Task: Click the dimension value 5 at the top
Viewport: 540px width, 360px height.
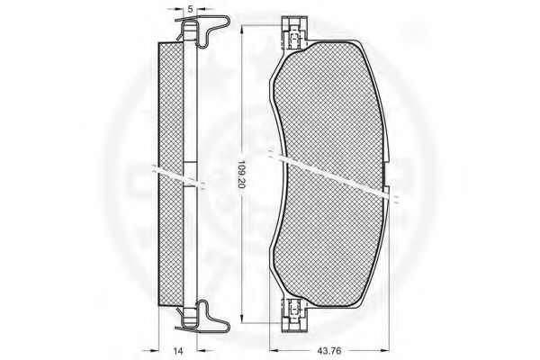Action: coord(190,9)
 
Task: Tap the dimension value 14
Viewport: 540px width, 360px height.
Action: coord(178,351)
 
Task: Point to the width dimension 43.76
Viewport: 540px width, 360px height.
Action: coord(328,351)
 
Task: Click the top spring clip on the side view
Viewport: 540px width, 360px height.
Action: coord(203,31)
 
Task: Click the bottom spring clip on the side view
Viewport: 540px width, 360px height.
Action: coord(203,316)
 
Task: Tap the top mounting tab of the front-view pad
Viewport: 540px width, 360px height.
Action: coord(294,32)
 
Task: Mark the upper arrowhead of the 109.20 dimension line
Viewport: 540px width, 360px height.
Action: coord(242,30)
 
